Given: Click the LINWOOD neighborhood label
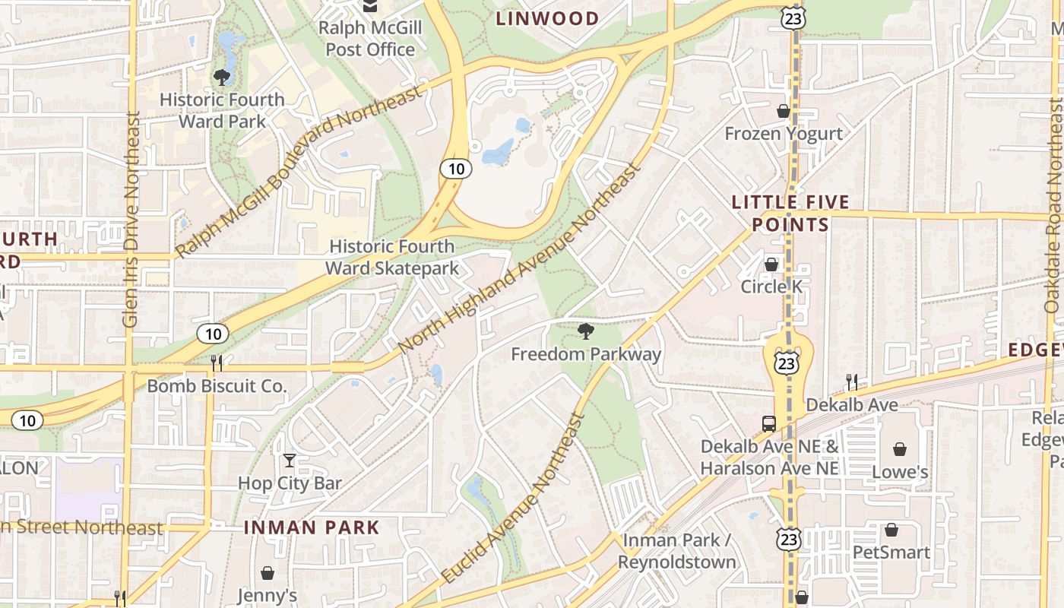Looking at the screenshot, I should pos(547,18).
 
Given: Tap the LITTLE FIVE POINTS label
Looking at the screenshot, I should pos(790,214).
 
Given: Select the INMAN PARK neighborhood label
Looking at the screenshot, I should pos(312,527).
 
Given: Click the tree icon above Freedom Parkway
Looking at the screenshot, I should pos(585,331).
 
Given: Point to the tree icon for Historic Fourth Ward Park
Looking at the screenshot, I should pos(222,77).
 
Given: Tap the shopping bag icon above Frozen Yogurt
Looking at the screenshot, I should pos(784,112).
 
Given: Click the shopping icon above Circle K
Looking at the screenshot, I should pos(771,264).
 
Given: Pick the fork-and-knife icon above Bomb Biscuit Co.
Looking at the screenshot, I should pos(217,363).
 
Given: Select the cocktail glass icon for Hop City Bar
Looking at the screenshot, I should pos(290,460).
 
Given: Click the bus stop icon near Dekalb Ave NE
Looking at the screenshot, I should pos(769,424).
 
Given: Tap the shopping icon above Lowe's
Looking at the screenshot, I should pos(900,449).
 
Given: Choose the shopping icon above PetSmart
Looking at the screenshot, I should pos(891,530).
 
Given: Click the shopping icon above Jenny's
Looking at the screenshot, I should pos(268,573).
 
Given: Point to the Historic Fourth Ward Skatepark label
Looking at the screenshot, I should pos(391,257).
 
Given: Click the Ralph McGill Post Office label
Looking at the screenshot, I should pos(370,39).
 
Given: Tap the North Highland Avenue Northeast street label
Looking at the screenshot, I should pos(520,260).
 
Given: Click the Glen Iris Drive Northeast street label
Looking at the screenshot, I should pos(131,220).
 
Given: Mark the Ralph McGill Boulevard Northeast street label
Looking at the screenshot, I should pos(298,172).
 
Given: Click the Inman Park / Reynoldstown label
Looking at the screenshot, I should pos(676,551).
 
